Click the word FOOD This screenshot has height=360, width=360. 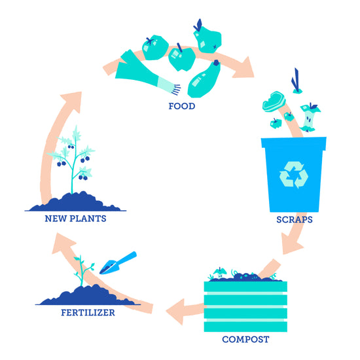[181, 106]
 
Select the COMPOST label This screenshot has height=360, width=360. [245, 339]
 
